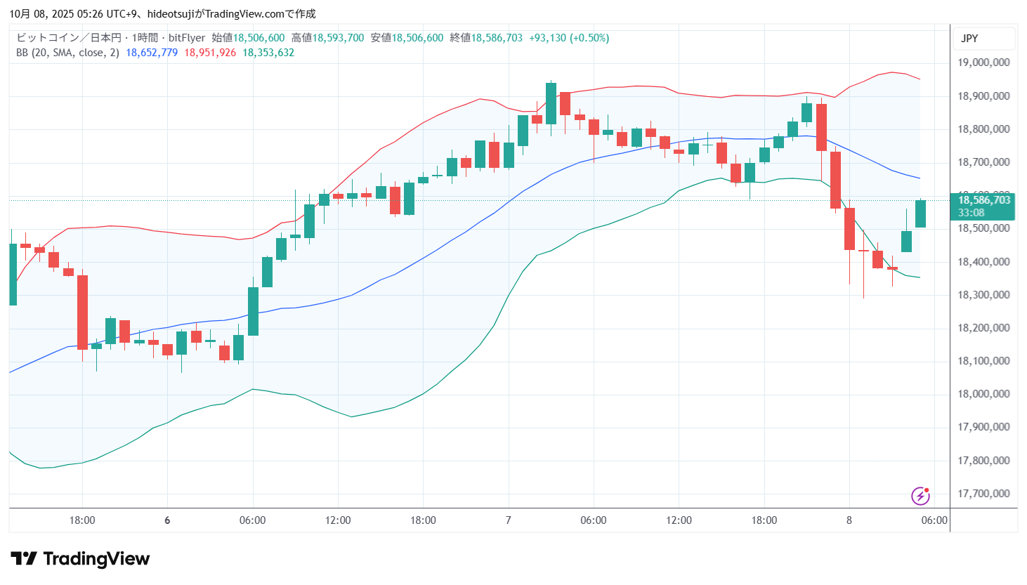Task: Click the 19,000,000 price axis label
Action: [983, 63]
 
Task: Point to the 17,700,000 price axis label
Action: [983, 494]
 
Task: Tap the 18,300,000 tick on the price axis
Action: [983, 295]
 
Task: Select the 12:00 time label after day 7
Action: [679, 520]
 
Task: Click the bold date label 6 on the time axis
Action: [167, 520]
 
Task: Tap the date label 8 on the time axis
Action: [849, 520]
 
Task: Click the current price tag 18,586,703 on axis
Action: [983, 200]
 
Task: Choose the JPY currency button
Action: [969, 39]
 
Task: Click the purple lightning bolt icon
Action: [920, 496]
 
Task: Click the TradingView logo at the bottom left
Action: [80, 559]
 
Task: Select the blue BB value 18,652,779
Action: [152, 53]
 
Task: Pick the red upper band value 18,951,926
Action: [210, 53]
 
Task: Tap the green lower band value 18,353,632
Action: [268, 53]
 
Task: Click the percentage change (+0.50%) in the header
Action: [589, 38]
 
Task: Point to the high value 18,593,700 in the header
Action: [338, 38]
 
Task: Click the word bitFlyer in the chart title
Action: [187, 38]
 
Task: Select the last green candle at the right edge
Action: [920, 213]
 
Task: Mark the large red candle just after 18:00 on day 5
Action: [83, 312]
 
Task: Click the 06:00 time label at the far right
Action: [934, 520]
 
